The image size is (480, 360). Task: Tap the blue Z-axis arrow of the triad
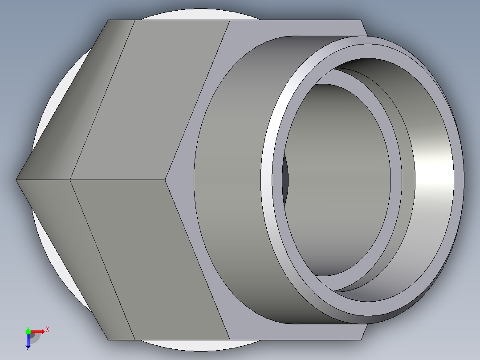click(x=28, y=341)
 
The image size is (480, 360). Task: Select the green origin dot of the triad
click(x=28, y=331)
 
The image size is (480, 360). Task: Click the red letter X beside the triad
click(x=47, y=330)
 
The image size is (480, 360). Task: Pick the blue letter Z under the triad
click(x=28, y=349)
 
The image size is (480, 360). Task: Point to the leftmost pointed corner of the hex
click(x=17, y=180)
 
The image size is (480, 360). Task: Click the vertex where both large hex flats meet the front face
click(x=167, y=180)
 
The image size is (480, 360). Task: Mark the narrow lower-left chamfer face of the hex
click(x=71, y=254)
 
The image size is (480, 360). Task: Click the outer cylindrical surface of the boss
click(x=232, y=178)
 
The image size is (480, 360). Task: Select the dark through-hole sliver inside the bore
click(x=285, y=178)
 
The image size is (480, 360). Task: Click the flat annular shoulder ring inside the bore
click(x=396, y=178)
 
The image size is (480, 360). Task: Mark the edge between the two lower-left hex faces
click(x=102, y=258)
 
